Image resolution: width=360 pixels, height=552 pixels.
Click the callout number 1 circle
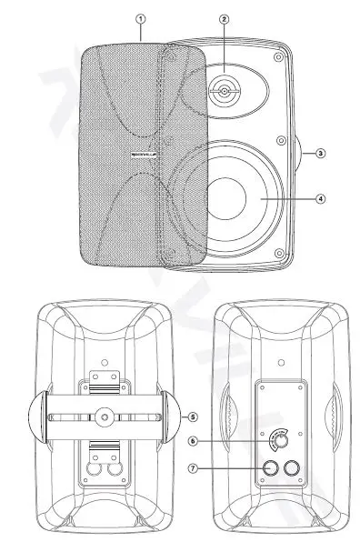pos(140,17)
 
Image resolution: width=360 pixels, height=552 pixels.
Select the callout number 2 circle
pos(224,18)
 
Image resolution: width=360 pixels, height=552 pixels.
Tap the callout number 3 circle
pos(320,154)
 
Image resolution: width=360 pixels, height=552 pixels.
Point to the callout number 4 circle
pos(320,197)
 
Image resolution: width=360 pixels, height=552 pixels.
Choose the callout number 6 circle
pos(191,442)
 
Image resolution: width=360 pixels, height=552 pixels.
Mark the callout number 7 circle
pos(191,468)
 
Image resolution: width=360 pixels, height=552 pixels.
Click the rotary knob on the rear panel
pos(281,439)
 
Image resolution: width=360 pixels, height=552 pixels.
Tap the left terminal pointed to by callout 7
pos(269,468)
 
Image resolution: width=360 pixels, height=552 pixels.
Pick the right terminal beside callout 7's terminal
pos(293,468)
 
